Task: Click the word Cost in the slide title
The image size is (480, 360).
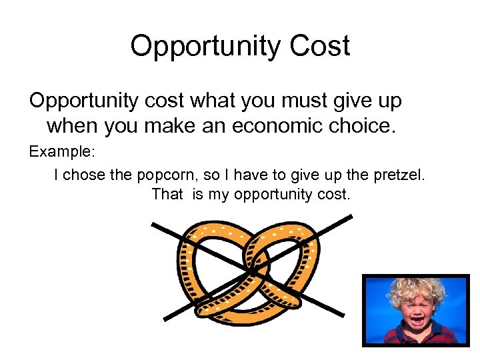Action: pos(318,46)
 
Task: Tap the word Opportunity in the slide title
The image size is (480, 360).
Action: pos(203,46)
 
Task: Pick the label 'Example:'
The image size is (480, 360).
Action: pos(63,151)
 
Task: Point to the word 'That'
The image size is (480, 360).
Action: pos(167,195)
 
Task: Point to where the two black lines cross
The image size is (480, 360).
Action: pos(253,269)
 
